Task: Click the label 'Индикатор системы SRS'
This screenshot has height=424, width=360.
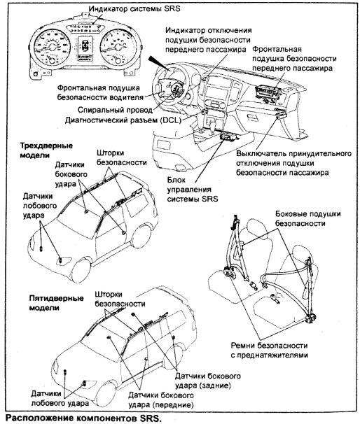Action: pos(134,8)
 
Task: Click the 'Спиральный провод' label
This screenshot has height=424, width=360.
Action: pos(115,110)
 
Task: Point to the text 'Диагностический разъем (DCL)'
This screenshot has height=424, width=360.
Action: pos(123,120)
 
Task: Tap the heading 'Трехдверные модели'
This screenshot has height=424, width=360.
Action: pos(46,150)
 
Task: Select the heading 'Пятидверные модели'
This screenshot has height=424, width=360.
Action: pos(56,303)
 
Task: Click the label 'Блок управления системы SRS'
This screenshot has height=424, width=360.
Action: pos(192,190)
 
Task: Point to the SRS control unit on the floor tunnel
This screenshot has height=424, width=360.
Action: pos(229,136)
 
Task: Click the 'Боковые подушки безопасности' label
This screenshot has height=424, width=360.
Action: pos(307,218)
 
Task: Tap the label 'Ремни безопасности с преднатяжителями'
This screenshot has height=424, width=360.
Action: pos(270,350)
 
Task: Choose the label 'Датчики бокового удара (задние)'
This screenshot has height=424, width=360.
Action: pos(207,381)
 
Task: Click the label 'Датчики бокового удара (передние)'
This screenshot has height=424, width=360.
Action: pos(161,400)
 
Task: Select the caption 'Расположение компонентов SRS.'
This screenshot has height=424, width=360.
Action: pos(83,418)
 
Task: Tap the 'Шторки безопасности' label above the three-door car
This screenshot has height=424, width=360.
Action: pos(122,157)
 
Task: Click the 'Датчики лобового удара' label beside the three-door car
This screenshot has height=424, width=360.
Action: pos(39,206)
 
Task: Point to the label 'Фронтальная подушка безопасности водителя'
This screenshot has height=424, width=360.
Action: pos(100,92)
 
